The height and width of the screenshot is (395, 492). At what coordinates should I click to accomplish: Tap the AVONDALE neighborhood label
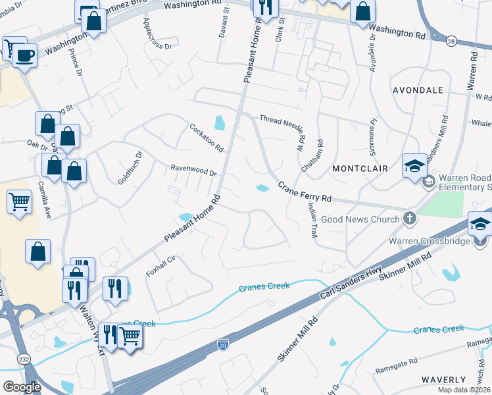click(x=417, y=90)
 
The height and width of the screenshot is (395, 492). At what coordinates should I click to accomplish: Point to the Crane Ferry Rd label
click(x=304, y=193)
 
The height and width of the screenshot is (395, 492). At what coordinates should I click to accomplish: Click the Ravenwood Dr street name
click(x=194, y=171)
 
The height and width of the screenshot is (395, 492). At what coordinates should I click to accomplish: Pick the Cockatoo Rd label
click(x=207, y=136)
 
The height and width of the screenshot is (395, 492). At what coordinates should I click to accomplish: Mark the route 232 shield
click(x=19, y=359)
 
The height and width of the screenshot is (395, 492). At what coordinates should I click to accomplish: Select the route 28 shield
click(x=451, y=41)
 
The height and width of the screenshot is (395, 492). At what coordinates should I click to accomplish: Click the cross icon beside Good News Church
click(x=409, y=219)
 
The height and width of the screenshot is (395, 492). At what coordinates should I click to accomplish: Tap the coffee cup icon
click(x=24, y=55)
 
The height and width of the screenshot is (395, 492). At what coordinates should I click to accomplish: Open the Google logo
click(x=22, y=387)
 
